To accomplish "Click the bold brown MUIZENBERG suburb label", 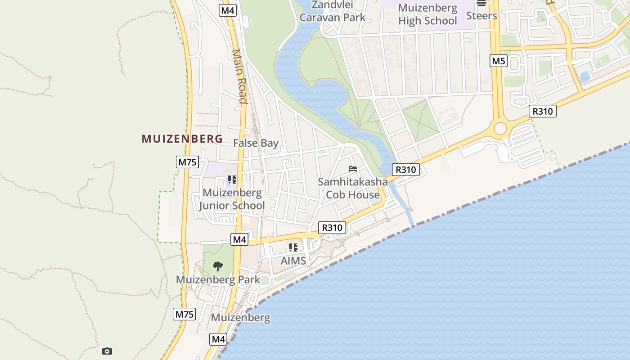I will (x=182, y=139).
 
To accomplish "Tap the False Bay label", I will (x=256, y=143).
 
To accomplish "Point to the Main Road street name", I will (x=240, y=76).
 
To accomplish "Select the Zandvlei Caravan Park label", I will (x=333, y=11).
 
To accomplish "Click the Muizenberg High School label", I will (x=427, y=14).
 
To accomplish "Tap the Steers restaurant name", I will (x=481, y=16).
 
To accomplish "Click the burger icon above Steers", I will (x=481, y=3).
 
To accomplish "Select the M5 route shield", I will (x=499, y=61).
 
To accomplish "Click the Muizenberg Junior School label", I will (x=232, y=199).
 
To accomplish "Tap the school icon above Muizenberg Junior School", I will (x=232, y=180).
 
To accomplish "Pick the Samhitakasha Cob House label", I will (x=353, y=188).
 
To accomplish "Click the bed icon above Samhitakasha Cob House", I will (x=353, y=169).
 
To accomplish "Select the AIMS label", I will (x=293, y=261).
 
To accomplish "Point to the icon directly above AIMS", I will (x=293, y=247).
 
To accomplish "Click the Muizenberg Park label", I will (x=218, y=279).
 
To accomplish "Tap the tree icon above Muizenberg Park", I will (x=218, y=266).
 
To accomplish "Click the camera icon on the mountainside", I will (x=107, y=351).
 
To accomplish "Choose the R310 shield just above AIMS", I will (x=332, y=228).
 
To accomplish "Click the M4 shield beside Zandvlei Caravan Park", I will (x=228, y=10).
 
